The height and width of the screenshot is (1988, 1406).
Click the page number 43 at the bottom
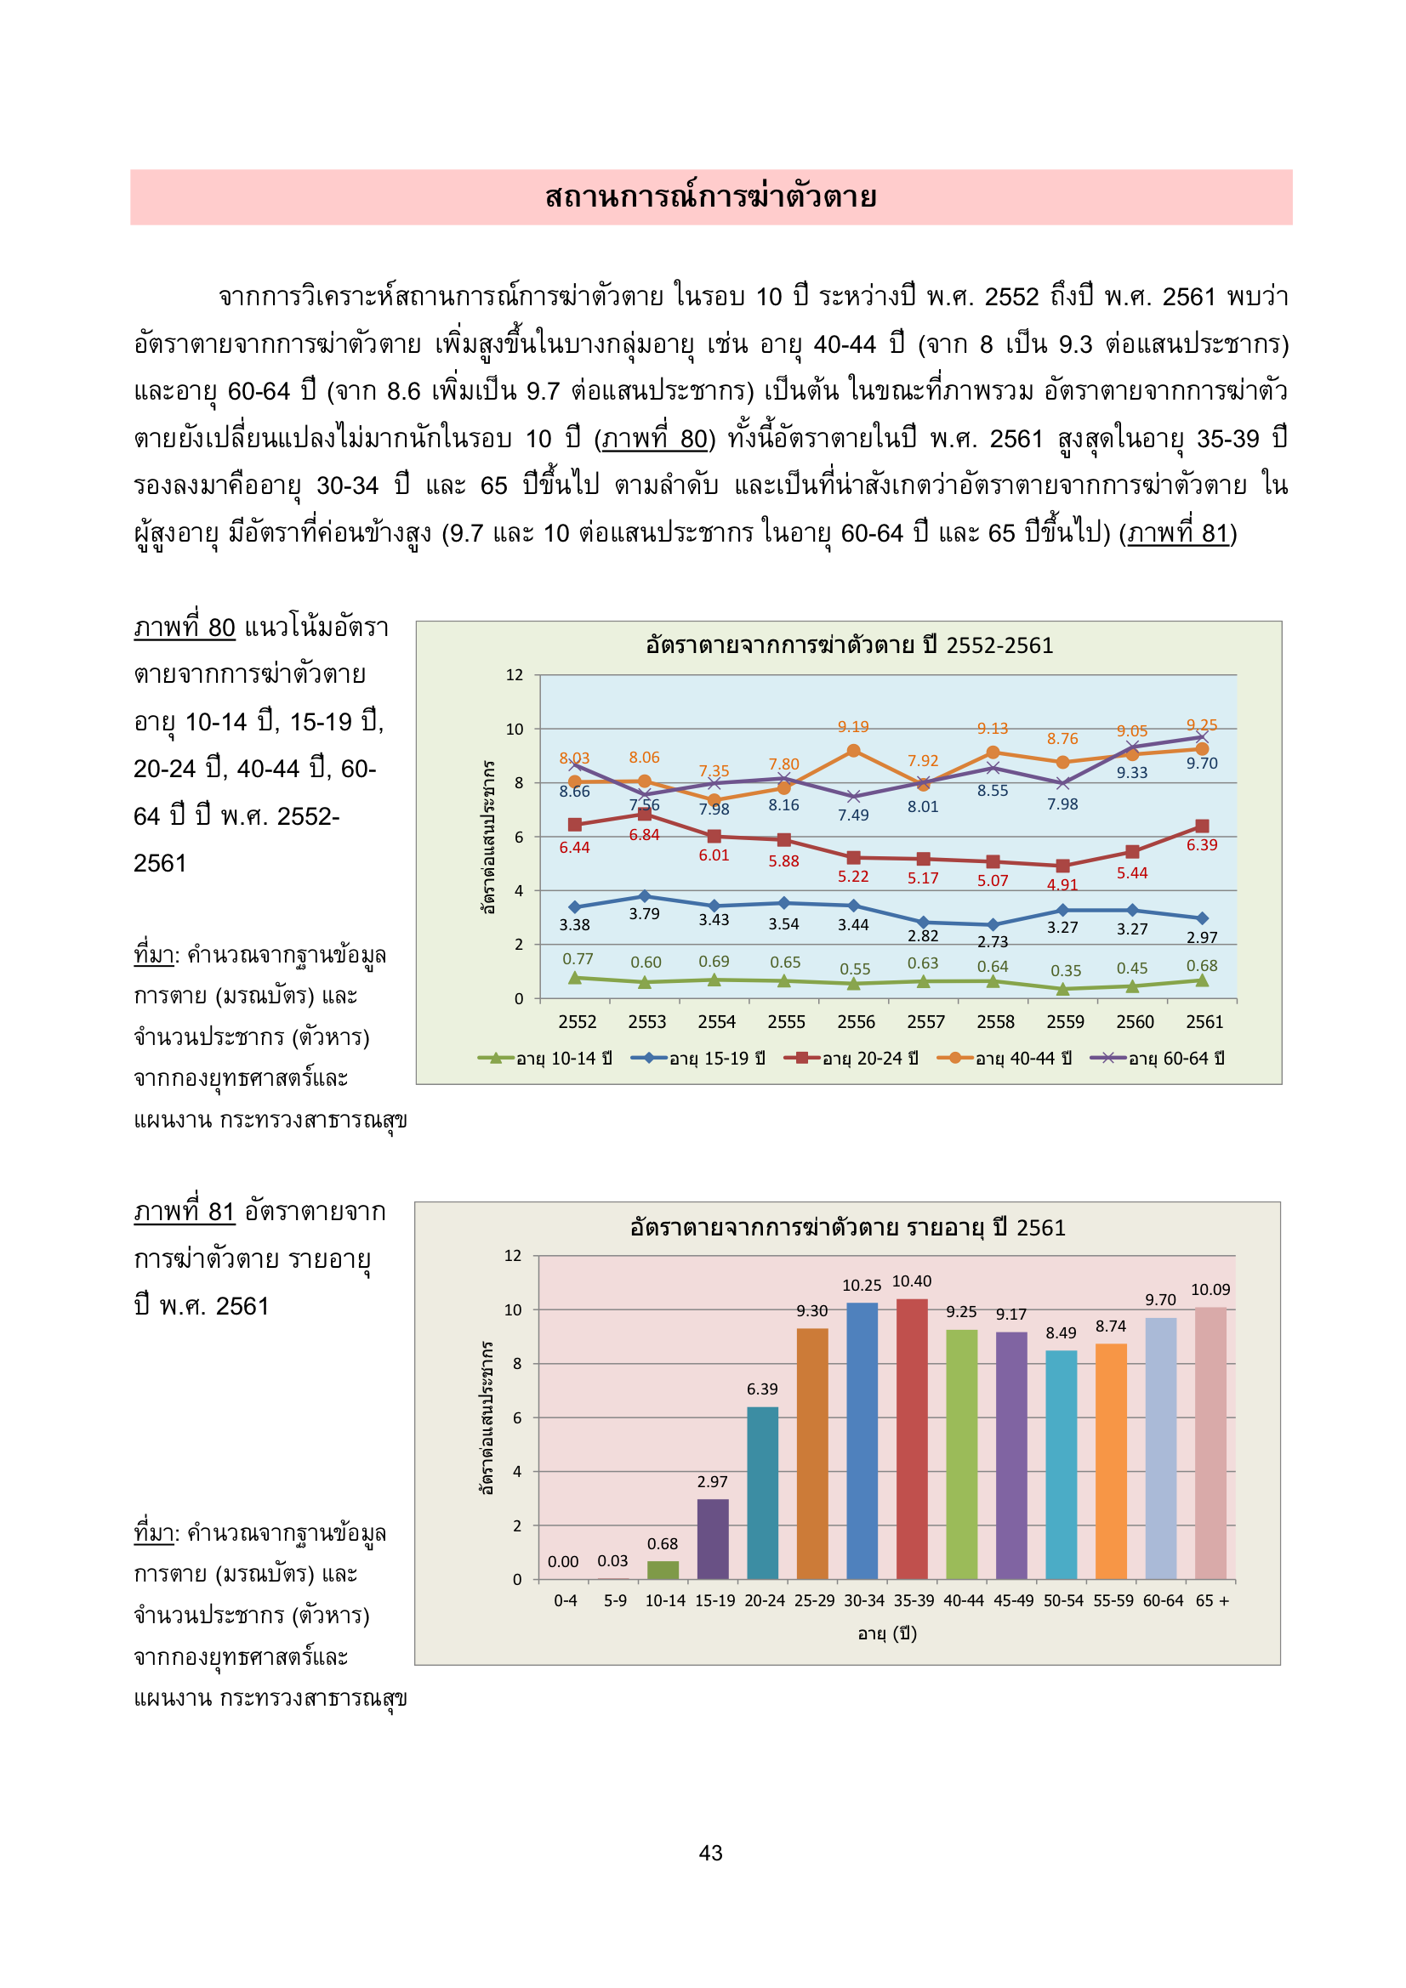click(x=710, y=1852)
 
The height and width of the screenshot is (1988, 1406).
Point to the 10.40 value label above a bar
click(x=911, y=1281)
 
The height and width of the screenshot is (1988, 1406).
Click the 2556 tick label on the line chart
click(x=856, y=1022)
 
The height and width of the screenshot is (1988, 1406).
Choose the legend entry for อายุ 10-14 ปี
click(x=546, y=1058)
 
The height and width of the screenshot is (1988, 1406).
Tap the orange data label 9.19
click(x=853, y=726)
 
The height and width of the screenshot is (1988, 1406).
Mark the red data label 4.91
click(x=1062, y=884)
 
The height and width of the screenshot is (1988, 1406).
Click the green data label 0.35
click(x=1066, y=971)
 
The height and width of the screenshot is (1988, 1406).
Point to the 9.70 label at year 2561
click(x=1202, y=763)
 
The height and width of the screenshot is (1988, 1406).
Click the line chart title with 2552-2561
click(x=849, y=645)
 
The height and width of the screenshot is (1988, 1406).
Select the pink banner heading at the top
click(x=710, y=197)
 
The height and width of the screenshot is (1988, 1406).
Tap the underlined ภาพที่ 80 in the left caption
click(x=185, y=628)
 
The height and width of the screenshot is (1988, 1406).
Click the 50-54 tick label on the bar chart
click(x=1063, y=1601)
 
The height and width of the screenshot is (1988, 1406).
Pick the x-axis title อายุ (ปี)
click(x=887, y=1633)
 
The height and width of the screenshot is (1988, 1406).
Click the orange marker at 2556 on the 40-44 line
click(x=853, y=751)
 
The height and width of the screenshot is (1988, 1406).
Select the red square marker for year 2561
click(x=1202, y=826)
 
